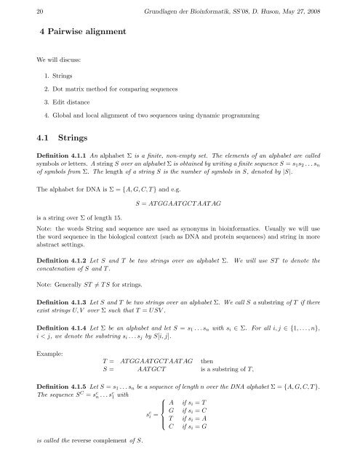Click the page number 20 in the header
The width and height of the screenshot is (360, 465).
click(x=19, y=8)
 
